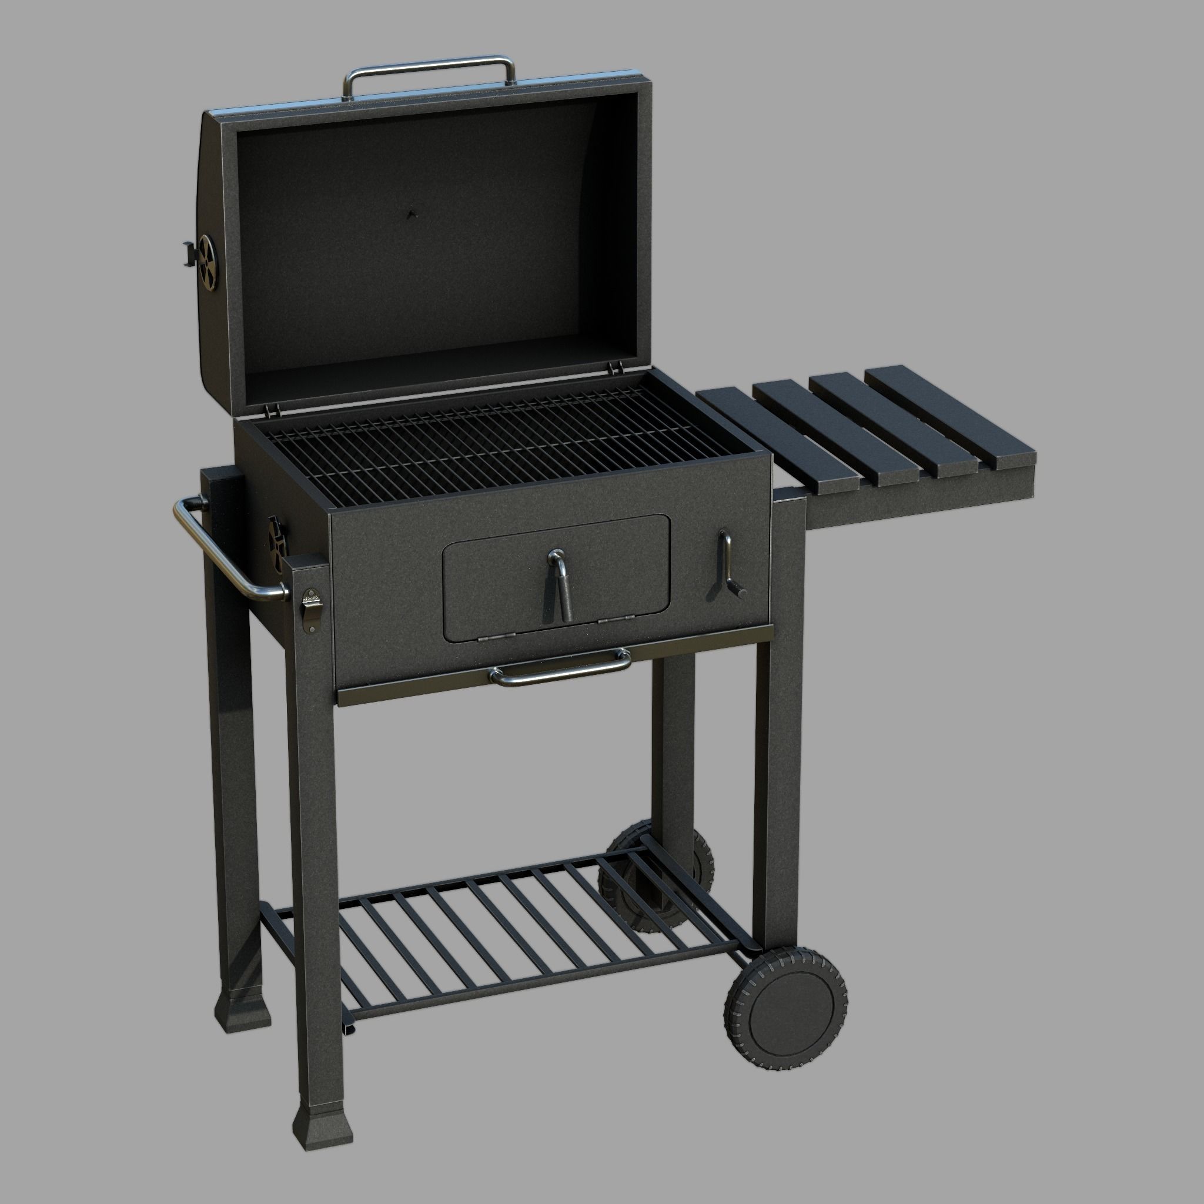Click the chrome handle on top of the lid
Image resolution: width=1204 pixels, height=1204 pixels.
[430, 63]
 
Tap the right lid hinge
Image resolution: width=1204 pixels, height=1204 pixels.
[614, 368]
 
